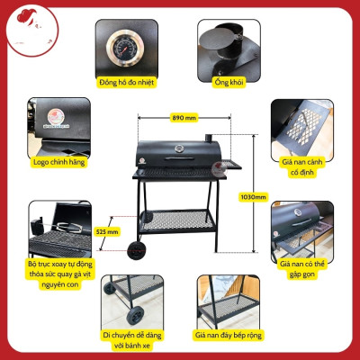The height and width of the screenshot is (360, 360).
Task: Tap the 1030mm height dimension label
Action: (x=256, y=197)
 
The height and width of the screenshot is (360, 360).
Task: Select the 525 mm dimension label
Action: (x=106, y=230)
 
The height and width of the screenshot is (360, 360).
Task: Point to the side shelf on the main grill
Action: (x=229, y=165)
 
